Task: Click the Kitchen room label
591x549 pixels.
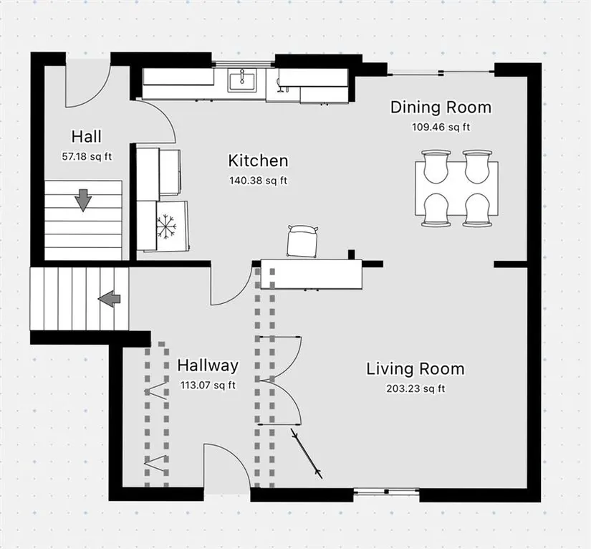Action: coord(258,161)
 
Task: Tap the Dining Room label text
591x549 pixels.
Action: coord(441,108)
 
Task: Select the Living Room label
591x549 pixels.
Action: coord(415,369)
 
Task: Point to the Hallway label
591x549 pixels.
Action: coord(208,366)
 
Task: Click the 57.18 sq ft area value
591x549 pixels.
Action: coord(87,156)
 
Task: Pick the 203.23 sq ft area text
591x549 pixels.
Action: coord(415,388)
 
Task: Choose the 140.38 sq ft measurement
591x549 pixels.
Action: coord(258,181)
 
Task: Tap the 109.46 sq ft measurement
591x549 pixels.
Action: coord(441,127)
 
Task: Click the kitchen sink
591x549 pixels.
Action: coord(241,80)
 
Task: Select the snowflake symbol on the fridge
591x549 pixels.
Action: coord(167,226)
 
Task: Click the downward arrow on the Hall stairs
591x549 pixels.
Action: coord(83,200)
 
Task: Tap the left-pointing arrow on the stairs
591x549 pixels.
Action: coord(110,299)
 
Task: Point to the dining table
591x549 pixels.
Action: coord(456,188)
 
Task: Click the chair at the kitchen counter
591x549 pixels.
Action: coord(302,241)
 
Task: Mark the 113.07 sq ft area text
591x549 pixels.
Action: coord(208,386)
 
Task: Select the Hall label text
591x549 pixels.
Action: coord(87,136)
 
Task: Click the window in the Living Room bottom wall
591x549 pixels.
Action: coord(386,492)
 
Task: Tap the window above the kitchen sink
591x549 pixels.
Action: coord(243,63)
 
